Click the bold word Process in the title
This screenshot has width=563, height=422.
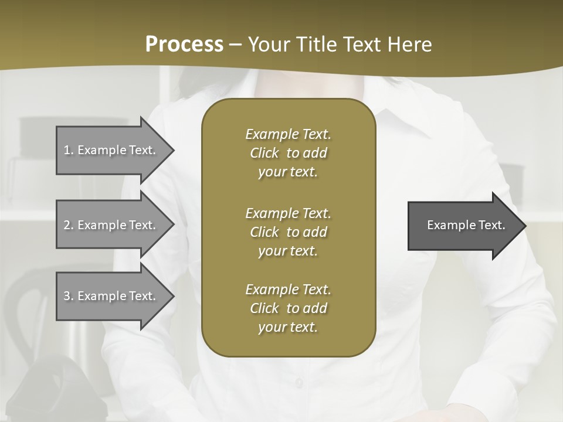click(x=184, y=45)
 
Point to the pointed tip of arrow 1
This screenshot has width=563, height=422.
click(x=172, y=150)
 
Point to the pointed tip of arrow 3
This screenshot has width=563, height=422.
click(x=172, y=296)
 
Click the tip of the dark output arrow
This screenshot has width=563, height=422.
click(x=524, y=226)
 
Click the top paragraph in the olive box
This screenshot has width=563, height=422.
click(x=288, y=153)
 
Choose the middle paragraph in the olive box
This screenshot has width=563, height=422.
click(x=288, y=232)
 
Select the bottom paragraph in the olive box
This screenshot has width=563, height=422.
click(x=288, y=308)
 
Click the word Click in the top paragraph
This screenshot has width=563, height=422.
click(x=264, y=153)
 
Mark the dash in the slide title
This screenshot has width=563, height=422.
click(x=235, y=45)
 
